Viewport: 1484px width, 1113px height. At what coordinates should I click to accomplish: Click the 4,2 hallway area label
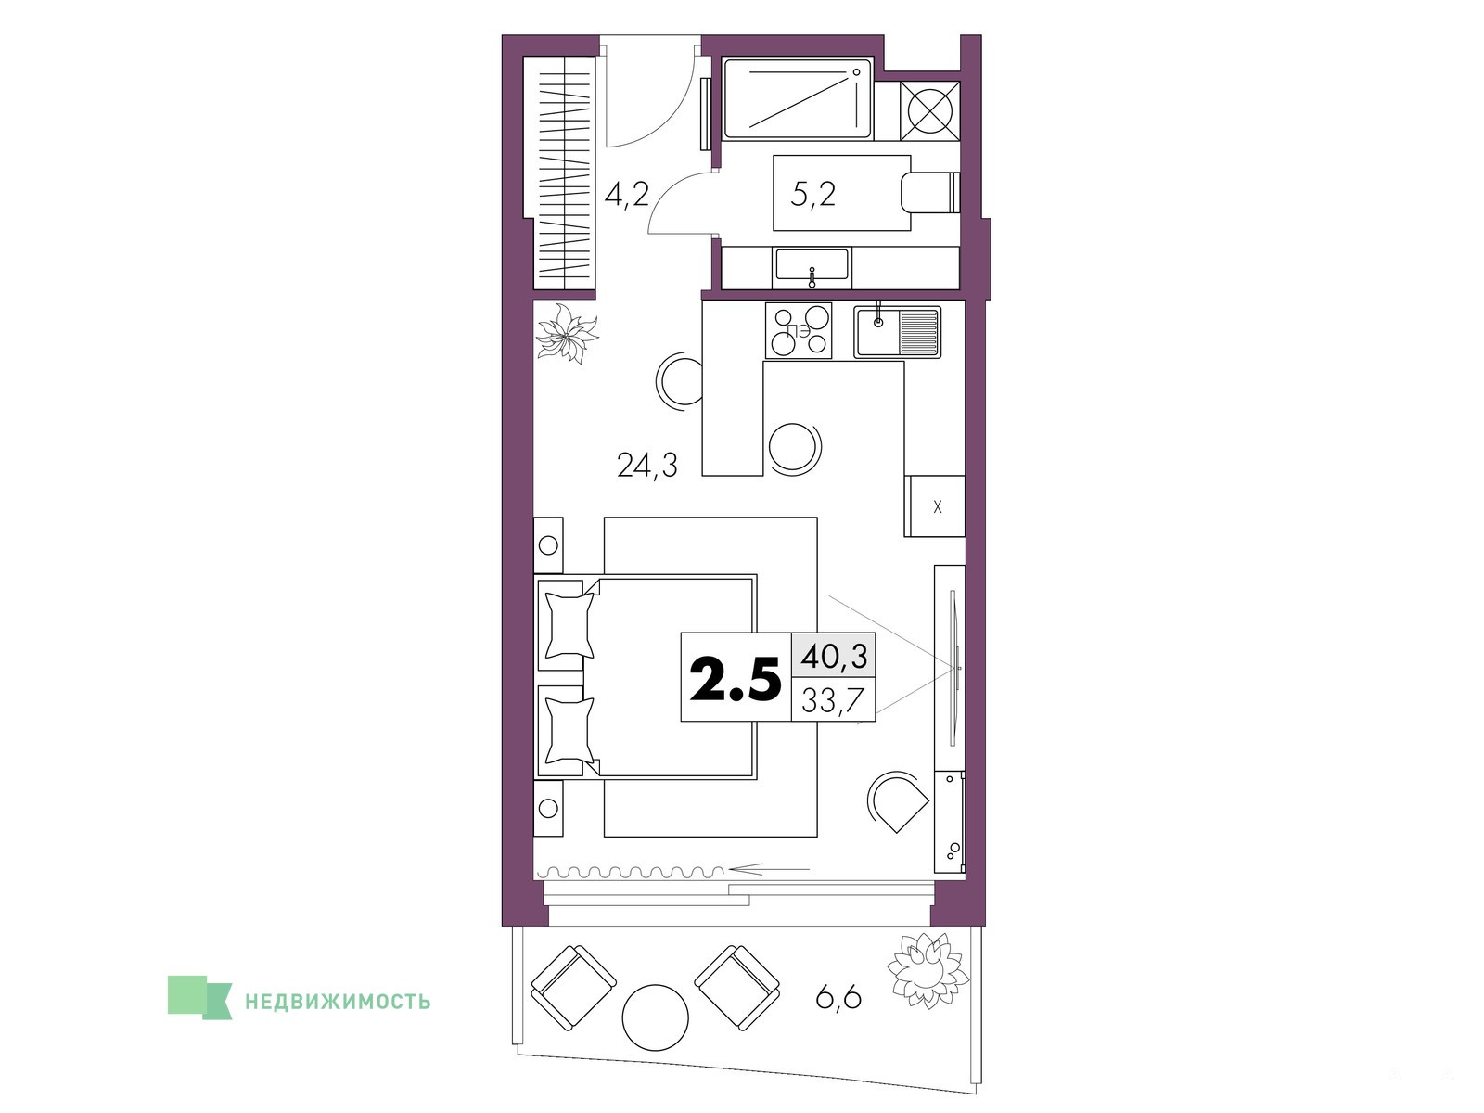tap(153, 195)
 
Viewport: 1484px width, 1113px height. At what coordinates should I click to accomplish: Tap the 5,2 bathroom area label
tap(813, 195)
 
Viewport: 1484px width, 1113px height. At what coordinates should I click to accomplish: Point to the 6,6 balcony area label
tap(838, 997)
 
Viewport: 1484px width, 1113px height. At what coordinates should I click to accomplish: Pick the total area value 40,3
tap(834, 656)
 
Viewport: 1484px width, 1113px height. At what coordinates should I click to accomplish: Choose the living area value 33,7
tap(833, 699)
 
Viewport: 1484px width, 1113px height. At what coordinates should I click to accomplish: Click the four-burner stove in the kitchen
tap(799, 330)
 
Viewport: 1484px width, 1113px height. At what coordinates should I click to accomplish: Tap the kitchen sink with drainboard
tap(897, 331)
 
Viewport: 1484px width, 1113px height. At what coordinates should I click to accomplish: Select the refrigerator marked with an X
tap(934, 506)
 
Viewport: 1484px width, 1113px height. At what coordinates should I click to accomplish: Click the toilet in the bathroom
tap(930, 193)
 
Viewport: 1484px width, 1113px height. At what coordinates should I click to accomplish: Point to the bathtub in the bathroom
tap(798, 98)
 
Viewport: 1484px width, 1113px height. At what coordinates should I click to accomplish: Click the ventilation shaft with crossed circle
tap(929, 111)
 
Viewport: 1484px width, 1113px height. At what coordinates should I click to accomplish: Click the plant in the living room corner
tap(568, 332)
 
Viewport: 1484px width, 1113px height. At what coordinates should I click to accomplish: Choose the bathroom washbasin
tap(812, 265)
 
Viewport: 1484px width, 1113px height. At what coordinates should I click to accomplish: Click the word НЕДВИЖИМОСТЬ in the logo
tap(338, 1001)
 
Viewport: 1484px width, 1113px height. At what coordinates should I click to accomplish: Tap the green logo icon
tap(199, 997)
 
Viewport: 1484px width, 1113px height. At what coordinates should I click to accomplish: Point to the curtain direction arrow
tap(766, 868)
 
